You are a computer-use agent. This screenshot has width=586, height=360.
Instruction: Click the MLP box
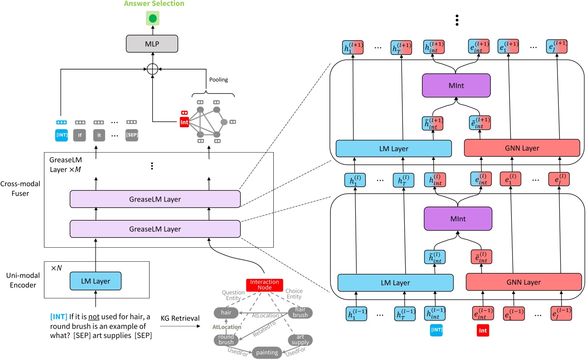(152, 44)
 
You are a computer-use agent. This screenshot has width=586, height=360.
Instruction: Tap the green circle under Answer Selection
(152, 19)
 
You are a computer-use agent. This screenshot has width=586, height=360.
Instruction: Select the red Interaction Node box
(265, 285)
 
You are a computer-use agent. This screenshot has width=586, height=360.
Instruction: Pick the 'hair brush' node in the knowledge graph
(300, 312)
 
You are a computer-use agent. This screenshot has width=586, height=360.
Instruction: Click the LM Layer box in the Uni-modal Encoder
(96, 281)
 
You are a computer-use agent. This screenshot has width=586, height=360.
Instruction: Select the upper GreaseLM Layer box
(155, 198)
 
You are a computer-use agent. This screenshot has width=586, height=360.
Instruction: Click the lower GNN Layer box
(523, 282)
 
